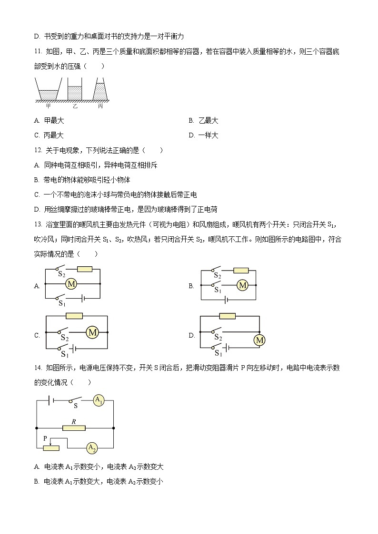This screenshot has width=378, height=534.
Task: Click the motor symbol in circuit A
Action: click(x=71, y=284)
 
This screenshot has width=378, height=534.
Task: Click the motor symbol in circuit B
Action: click(x=243, y=285)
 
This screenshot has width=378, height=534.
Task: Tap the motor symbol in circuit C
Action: click(x=92, y=333)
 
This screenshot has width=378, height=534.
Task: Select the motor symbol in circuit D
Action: click(x=259, y=340)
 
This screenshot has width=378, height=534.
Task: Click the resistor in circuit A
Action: click(x=84, y=269)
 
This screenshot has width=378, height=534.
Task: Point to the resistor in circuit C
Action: click(x=74, y=315)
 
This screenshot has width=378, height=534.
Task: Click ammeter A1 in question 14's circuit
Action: click(x=99, y=400)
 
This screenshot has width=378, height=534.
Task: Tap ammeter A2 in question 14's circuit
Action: click(x=92, y=447)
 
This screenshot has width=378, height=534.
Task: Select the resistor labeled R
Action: click(x=74, y=428)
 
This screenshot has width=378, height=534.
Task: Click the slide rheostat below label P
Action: click(x=51, y=447)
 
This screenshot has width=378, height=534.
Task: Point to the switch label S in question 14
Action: click(x=76, y=407)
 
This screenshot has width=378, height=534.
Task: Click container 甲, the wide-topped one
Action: click(x=48, y=90)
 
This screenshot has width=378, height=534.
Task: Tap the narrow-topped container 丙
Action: click(x=100, y=90)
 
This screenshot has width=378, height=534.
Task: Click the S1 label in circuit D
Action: click(x=218, y=353)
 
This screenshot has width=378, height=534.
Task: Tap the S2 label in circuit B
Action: click(x=217, y=275)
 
